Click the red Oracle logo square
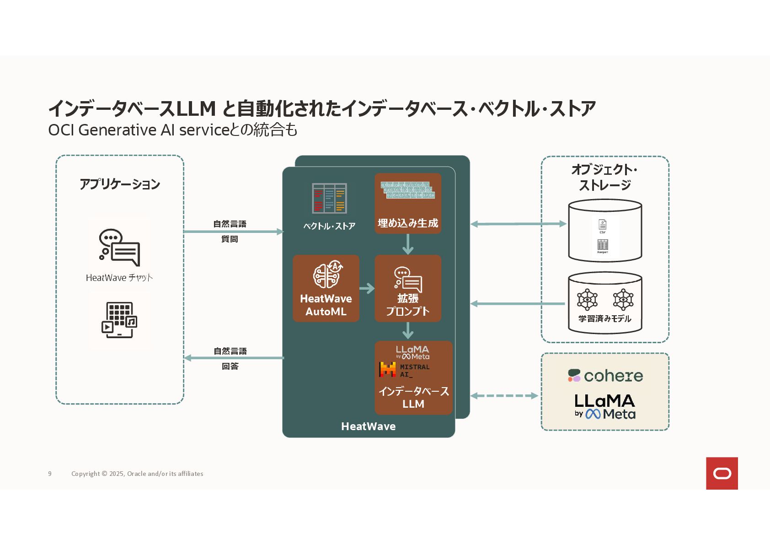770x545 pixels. tap(722, 473)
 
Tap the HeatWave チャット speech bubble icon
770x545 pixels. tap(119, 247)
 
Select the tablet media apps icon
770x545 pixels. tap(119, 320)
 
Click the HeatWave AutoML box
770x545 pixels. tap(326, 288)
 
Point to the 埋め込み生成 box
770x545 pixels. tap(408, 204)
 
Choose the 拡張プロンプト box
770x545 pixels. tap(408, 288)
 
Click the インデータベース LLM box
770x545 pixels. tap(413, 378)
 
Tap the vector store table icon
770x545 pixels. tap(329, 199)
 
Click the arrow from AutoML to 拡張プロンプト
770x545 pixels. tap(367, 288)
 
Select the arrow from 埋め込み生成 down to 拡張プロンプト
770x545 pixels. tap(408, 244)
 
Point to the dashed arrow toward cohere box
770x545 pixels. tap(504, 396)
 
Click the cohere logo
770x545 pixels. tap(605, 376)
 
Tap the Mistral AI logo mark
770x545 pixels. tap(387, 370)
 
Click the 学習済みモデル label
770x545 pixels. tap(604, 318)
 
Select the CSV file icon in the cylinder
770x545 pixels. tap(602, 226)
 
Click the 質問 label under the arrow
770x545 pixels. tap(230, 239)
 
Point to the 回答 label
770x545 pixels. tap(230, 366)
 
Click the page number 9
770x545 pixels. tap(50, 474)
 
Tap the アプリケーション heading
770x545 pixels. tap(120, 184)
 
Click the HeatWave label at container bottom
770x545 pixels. tap(368, 426)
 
